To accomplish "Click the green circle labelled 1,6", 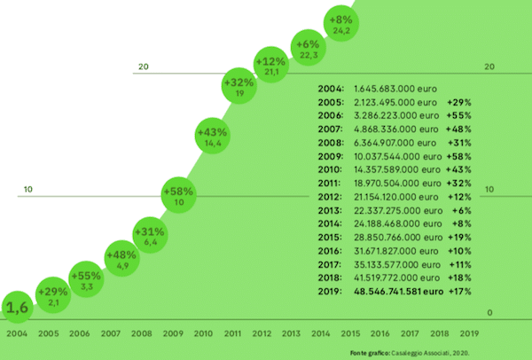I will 19,308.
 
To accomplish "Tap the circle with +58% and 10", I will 178,195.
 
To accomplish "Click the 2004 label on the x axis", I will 18,333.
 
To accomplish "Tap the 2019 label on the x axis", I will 470,333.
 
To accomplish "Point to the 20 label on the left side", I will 143,67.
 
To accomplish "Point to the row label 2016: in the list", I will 331,253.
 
